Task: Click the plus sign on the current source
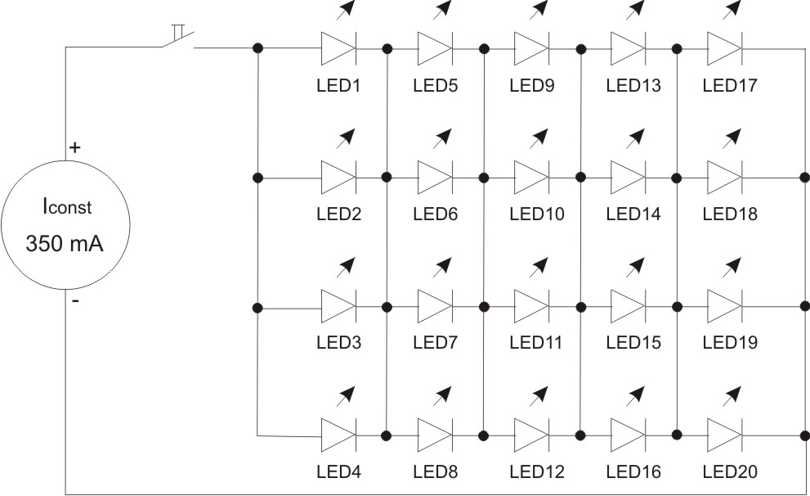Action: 74,148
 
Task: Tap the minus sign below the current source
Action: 75,301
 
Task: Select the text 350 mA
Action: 65,243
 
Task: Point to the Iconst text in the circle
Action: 66,208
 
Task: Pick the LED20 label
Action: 729,471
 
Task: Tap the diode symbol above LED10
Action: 531,177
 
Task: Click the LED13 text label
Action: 633,85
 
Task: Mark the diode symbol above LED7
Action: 435,306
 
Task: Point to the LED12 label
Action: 536,471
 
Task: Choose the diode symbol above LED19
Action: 724,306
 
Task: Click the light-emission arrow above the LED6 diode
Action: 442,137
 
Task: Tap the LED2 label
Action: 338,214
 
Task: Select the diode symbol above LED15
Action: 628,306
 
